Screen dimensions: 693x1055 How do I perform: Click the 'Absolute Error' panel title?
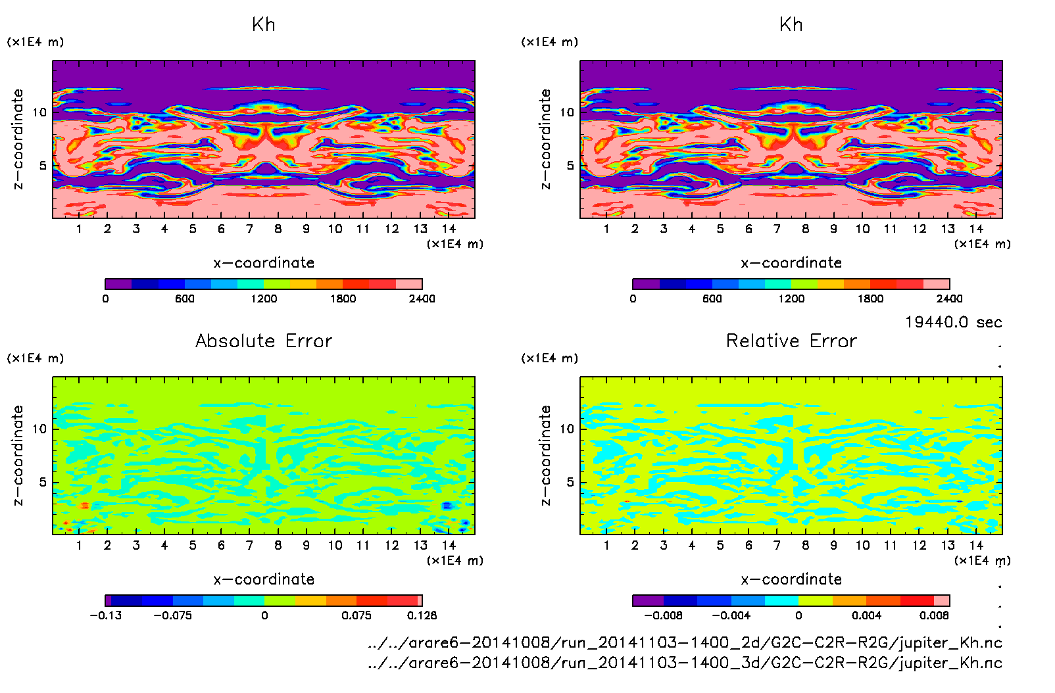(x=264, y=341)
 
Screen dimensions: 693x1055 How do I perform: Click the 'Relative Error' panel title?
(x=791, y=341)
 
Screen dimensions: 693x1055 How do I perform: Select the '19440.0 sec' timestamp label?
(x=953, y=322)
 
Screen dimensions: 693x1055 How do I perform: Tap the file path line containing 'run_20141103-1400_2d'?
(x=685, y=642)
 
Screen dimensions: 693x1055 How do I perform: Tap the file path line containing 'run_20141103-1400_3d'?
(x=685, y=663)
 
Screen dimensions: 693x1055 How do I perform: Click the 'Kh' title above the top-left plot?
(x=264, y=25)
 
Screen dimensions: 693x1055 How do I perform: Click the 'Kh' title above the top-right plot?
(x=791, y=25)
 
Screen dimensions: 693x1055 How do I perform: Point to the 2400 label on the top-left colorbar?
(x=422, y=299)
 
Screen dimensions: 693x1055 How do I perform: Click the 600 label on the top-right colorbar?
(x=712, y=299)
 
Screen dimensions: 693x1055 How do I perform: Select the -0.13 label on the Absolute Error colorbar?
(x=106, y=615)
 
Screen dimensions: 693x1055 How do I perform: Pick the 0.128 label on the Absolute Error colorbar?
(x=422, y=615)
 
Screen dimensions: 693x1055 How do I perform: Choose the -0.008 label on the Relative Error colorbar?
(x=663, y=615)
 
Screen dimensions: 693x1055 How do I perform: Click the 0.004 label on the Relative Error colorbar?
(x=866, y=615)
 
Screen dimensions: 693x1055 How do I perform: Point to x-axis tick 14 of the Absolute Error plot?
(x=449, y=545)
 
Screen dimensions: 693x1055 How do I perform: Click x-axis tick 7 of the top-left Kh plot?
(x=249, y=229)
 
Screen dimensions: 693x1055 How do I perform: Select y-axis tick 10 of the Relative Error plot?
(x=566, y=429)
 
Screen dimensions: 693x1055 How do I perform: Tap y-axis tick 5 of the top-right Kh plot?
(x=570, y=166)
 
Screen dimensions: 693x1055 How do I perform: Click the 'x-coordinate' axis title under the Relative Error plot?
(x=791, y=579)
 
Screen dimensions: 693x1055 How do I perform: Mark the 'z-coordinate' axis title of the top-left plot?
(x=18, y=139)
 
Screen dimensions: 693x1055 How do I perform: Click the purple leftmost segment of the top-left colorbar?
(x=118, y=284)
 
